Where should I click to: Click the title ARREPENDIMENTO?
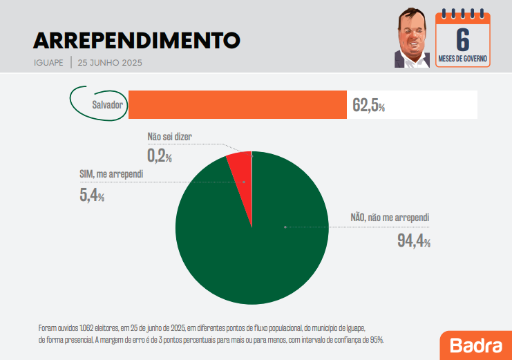(137, 40)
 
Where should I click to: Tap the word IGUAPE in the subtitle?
(48, 62)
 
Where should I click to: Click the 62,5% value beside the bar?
(368, 106)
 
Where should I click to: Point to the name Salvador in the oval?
(107, 105)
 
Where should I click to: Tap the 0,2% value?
(159, 156)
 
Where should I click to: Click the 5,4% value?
(92, 195)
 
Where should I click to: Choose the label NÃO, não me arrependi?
(390, 218)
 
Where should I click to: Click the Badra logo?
(475, 345)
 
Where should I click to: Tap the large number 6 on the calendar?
(464, 39)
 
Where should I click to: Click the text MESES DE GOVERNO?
(464, 59)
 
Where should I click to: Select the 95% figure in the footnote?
(375, 340)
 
